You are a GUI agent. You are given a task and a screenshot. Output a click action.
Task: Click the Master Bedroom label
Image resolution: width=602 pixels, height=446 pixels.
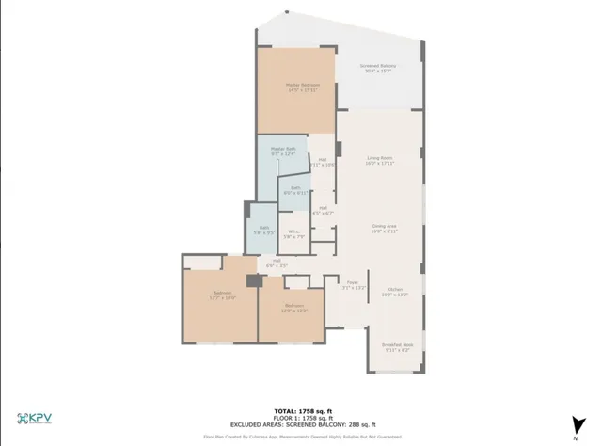point(297,86)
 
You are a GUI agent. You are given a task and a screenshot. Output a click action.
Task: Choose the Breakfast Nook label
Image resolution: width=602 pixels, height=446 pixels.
point(396,346)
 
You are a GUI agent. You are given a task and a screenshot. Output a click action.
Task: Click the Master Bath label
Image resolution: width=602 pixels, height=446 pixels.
point(283,150)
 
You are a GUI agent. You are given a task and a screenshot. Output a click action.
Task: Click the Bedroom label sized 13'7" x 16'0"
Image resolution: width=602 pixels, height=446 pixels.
point(222,295)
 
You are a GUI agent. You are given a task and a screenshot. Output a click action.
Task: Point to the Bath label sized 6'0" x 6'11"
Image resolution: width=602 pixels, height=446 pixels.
point(295,190)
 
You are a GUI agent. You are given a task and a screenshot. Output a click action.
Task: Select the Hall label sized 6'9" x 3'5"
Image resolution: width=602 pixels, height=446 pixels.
point(277,262)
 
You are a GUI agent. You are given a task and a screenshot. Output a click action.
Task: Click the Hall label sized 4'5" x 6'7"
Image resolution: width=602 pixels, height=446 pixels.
point(323,210)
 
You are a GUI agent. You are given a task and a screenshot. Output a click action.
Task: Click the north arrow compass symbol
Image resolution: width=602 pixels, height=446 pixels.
point(574,422)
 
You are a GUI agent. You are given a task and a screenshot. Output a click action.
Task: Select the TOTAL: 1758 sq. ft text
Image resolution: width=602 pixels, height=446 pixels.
point(300,411)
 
